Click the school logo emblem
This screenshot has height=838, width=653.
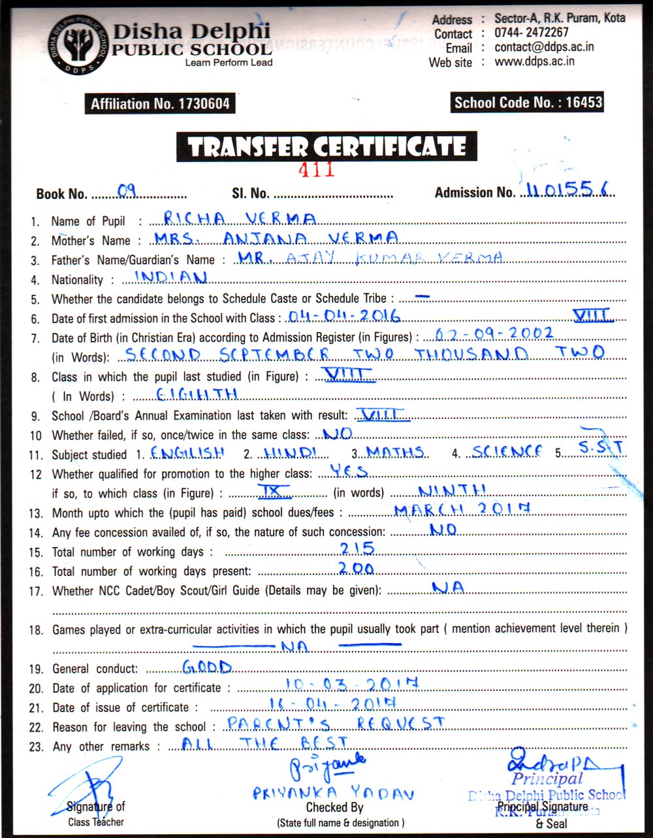point(77,44)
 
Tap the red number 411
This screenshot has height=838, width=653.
point(316,169)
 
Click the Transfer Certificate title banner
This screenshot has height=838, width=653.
point(326,146)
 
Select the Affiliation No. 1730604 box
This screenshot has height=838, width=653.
point(160,103)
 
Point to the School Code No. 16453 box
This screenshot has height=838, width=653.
point(528,102)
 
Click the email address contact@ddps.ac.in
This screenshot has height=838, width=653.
point(544,47)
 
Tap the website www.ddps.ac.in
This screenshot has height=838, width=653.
point(534,61)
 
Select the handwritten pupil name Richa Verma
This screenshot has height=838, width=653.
point(240,218)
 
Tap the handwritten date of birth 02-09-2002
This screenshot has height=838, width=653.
point(489,333)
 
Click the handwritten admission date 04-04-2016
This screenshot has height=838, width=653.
point(344,316)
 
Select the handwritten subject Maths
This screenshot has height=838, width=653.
point(394,452)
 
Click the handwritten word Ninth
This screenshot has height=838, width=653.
point(452,490)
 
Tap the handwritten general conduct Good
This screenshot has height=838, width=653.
point(207,667)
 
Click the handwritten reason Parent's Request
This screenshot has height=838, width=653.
point(335,723)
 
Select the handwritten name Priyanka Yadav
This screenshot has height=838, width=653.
point(333,793)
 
